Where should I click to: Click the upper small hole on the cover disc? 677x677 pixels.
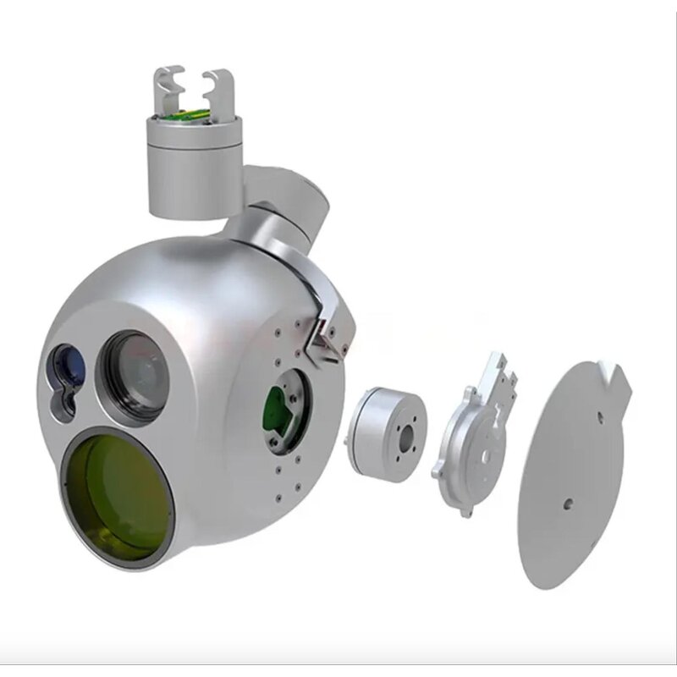click(598, 416)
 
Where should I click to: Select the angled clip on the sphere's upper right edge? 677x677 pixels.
click(326, 334)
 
